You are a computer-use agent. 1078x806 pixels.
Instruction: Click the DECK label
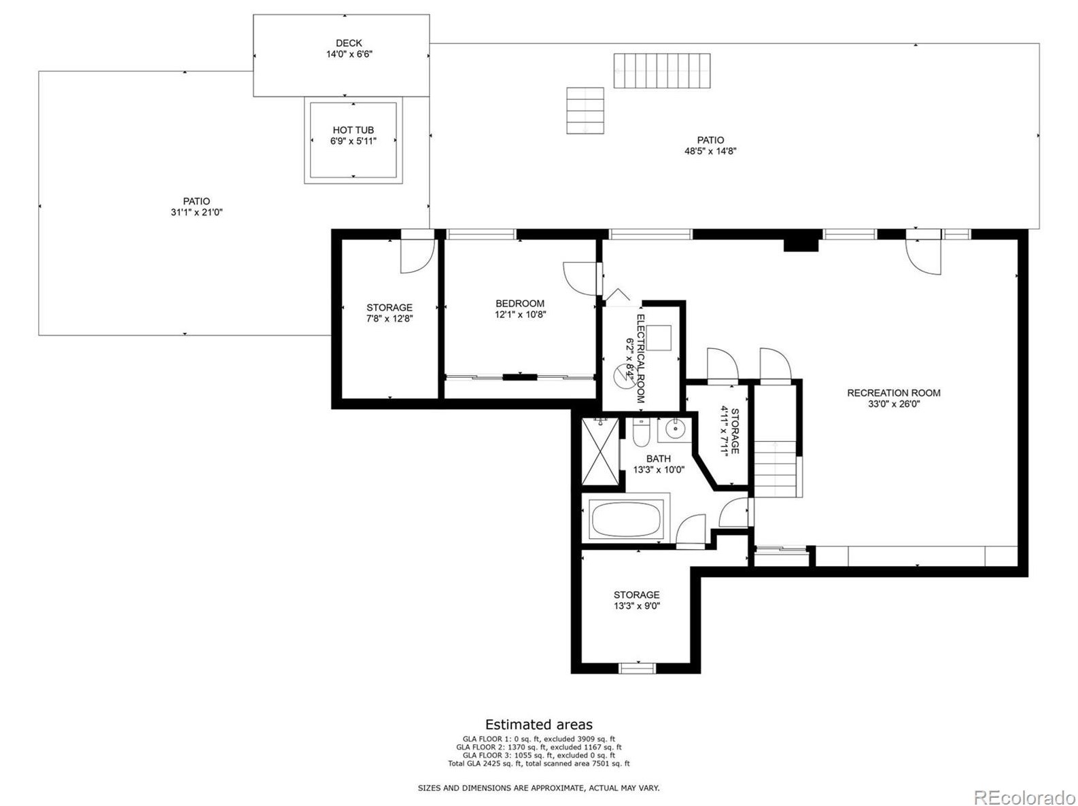pyautogui.click(x=349, y=43)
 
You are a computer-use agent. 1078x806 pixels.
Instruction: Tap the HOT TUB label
pyautogui.click(x=353, y=130)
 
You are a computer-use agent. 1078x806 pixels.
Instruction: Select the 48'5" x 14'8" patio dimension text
pyautogui.click(x=710, y=152)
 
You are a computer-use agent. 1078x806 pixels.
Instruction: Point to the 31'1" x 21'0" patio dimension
pyautogui.click(x=196, y=212)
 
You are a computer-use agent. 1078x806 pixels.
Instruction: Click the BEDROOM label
pyautogui.click(x=520, y=303)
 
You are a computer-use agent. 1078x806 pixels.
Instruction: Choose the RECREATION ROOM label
pyautogui.click(x=893, y=392)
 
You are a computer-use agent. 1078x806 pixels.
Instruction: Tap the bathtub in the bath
pyautogui.click(x=626, y=520)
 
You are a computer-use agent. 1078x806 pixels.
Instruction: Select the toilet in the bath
pyautogui.click(x=640, y=432)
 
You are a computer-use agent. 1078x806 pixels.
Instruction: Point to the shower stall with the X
pyautogui.click(x=600, y=452)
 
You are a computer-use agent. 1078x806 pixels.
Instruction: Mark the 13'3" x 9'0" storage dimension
pyautogui.click(x=637, y=606)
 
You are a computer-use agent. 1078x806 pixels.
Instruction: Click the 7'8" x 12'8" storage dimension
pyautogui.click(x=389, y=318)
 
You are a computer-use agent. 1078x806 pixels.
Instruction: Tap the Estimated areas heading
pyautogui.click(x=538, y=724)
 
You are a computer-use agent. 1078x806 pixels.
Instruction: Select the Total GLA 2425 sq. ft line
pyautogui.click(x=538, y=763)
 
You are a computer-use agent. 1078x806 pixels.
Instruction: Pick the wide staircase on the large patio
pyautogui.click(x=662, y=71)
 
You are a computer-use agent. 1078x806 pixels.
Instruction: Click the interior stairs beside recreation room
pyautogui.click(x=776, y=469)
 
